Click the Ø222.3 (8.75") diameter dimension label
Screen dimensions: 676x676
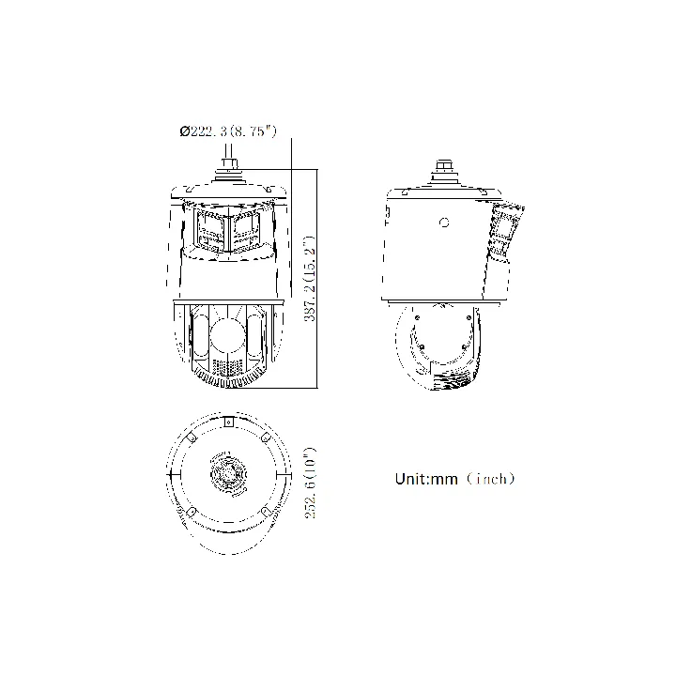[x=228, y=131]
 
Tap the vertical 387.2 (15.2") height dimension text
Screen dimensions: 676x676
[x=311, y=279]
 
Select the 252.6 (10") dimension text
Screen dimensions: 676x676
[x=311, y=483]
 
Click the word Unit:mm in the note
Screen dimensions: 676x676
[x=426, y=479]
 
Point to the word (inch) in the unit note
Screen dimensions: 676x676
[x=491, y=479]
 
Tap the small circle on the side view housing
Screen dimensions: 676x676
[x=444, y=223]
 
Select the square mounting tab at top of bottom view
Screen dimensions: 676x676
[x=229, y=422]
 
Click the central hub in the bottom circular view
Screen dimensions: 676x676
[x=228, y=473]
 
